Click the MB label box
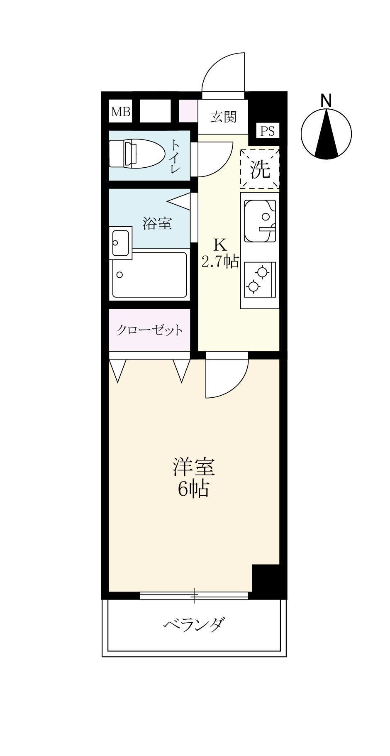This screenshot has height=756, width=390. pos(120,112)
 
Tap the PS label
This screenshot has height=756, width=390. pos(267,131)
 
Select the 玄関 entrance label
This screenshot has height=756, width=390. pos(223,117)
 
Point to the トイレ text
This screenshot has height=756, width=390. pos(175,157)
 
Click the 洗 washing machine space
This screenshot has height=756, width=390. pos(260,169)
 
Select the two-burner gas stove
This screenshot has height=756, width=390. pos(260,279)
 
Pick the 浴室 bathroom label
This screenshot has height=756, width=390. pos(157,224)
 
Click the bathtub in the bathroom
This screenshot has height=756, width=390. pos(149,275)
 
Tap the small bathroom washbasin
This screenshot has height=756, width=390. pos(121,242)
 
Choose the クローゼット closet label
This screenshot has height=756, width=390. pos(149,330)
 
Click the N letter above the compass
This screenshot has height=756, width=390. pos(326,100)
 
